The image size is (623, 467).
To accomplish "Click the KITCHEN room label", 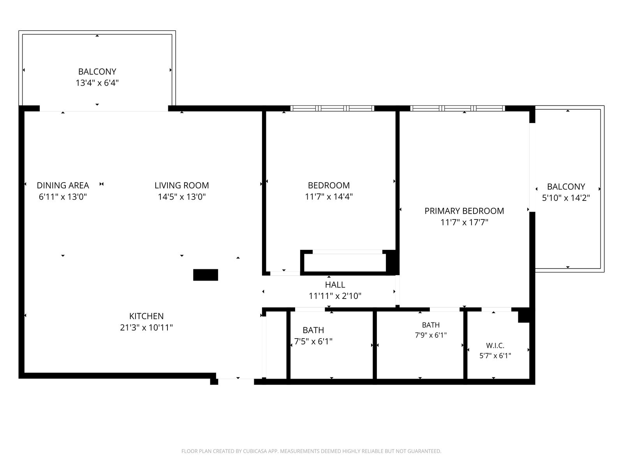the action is click(x=146, y=316).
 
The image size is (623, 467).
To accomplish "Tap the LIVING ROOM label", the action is click(x=182, y=186).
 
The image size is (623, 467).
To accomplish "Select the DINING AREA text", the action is click(x=63, y=186).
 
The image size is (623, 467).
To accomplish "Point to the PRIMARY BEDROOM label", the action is click(x=464, y=211).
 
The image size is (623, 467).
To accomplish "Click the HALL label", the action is click(x=335, y=285).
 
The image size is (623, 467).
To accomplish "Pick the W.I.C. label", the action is click(x=495, y=346).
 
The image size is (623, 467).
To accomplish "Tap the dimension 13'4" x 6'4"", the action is click(x=97, y=83).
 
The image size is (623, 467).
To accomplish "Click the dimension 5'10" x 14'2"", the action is click(x=566, y=198).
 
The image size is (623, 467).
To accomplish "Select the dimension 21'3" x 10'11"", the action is click(x=146, y=328).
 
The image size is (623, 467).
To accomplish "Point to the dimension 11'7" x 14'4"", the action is click(x=329, y=197).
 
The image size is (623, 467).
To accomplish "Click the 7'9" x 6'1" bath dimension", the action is click(x=431, y=335).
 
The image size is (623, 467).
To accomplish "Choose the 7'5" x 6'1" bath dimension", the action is click(x=313, y=341).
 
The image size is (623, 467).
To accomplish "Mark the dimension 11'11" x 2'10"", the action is click(x=335, y=296).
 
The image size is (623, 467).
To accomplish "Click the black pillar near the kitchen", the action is click(x=206, y=275).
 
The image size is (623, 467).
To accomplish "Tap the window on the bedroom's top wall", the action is click(x=332, y=108).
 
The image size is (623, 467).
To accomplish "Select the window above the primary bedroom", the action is click(x=458, y=108).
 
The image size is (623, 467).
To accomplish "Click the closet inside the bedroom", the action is click(x=345, y=263).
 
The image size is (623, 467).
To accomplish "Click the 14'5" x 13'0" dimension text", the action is click(x=182, y=197).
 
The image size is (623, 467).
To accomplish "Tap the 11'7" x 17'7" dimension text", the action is click(x=464, y=222).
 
